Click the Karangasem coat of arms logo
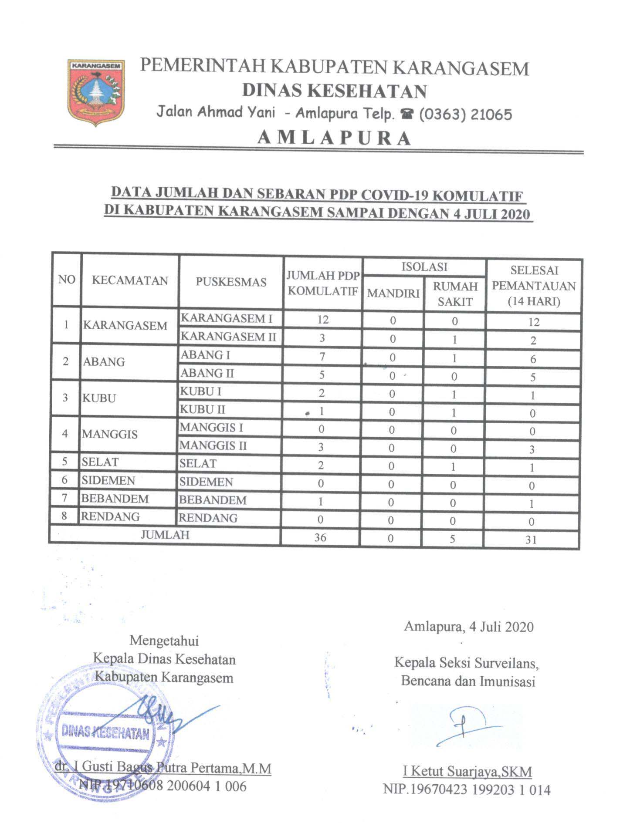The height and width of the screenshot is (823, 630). click(x=96, y=92)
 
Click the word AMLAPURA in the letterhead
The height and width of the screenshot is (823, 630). click(x=334, y=138)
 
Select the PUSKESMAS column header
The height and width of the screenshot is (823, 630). click(x=230, y=282)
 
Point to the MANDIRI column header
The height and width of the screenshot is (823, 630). click(x=393, y=293)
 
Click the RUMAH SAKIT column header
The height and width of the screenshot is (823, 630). click(x=455, y=294)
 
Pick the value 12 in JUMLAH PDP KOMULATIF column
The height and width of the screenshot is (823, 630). click(x=322, y=319)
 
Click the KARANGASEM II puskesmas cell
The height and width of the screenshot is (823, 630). click(x=228, y=337)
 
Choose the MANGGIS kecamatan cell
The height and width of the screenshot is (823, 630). click(x=110, y=434)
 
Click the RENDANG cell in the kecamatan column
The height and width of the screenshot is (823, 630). click(x=111, y=517)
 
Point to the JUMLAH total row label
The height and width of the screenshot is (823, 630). click(x=165, y=535)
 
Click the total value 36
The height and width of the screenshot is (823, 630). click(x=320, y=537)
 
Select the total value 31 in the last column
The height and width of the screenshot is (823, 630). click(x=531, y=540)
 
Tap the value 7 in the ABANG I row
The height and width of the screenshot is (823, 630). click(x=322, y=356)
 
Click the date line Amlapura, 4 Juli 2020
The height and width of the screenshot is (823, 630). click(x=469, y=627)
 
